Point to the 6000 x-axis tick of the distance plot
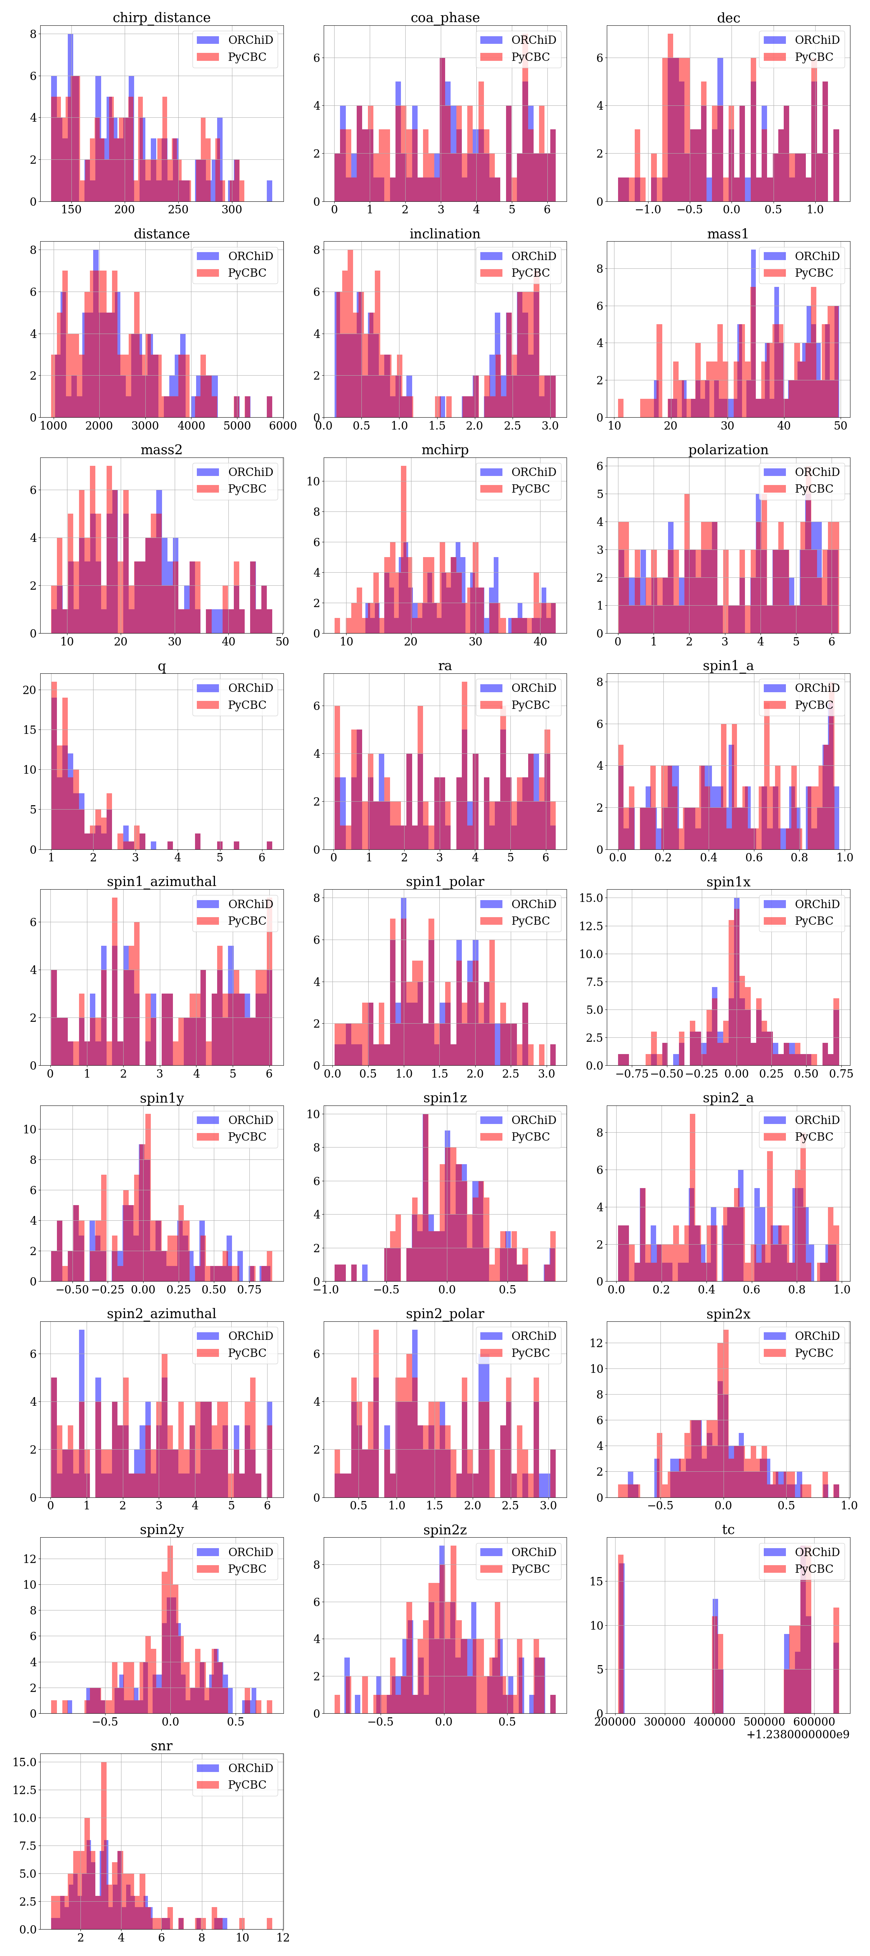tap(283, 426)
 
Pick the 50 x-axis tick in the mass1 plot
tap(840, 426)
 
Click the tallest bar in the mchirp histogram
tap(403, 547)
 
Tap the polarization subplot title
tap(728, 450)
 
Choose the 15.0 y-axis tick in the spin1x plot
tap(591, 898)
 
